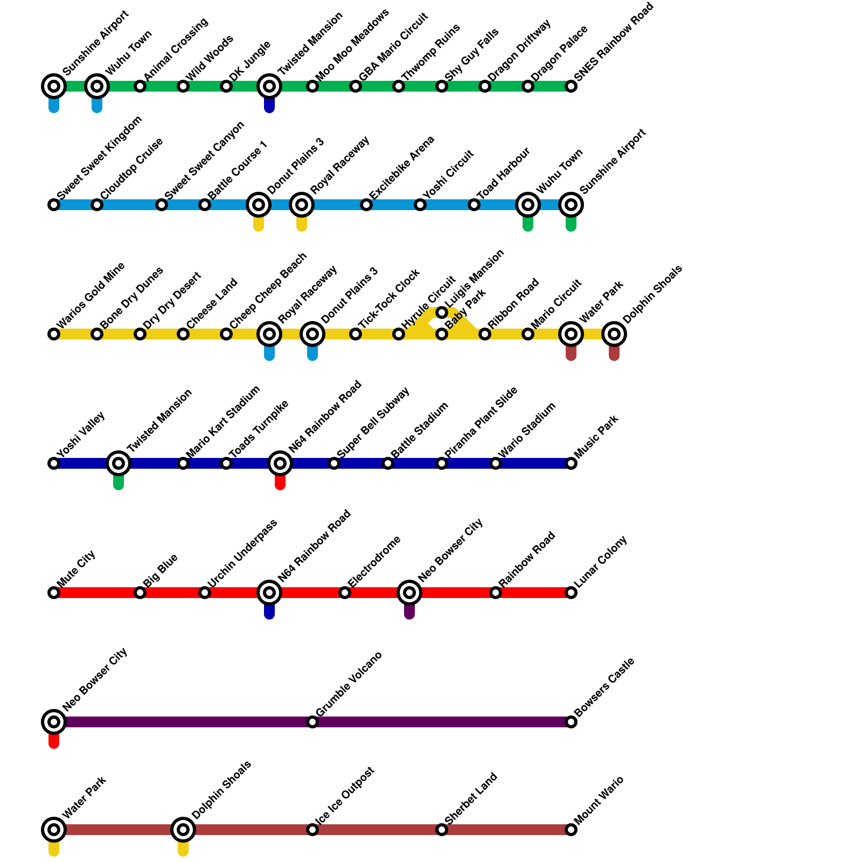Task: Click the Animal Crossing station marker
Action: point(140,86)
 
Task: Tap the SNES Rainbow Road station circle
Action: point(571,86)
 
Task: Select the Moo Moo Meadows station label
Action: point(352,45)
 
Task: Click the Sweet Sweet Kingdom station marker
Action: point(54,205)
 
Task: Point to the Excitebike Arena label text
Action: point(402,166)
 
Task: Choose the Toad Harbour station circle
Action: point(474,205)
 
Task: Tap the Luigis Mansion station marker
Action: point(442,312)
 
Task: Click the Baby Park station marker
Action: point(442,334)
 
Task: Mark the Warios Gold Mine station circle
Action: point(54,334)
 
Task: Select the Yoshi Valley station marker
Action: point(54,463)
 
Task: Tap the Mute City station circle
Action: point(54,593)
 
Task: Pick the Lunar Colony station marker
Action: point(571,593)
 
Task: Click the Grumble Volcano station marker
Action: point(312,722)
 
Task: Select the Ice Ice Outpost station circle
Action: point(312,830)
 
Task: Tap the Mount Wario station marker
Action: point(571,830)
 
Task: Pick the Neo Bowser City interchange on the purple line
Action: point(54,722)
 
